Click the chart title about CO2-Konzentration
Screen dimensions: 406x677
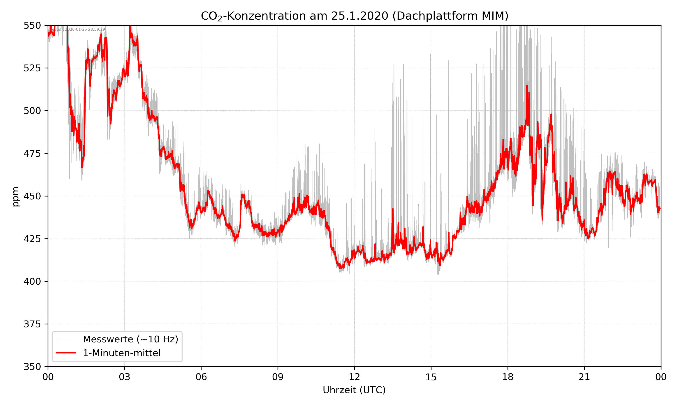point(354,16)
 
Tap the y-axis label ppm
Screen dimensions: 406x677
point(16,196)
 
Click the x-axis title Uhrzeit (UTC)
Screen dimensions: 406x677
point(354,390)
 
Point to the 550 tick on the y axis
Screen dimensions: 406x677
point(32,25)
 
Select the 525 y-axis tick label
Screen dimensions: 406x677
point(32,68)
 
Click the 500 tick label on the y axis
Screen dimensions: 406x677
point(32,111)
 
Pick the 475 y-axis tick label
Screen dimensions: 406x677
point(32,153)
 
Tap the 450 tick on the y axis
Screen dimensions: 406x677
point(32,196)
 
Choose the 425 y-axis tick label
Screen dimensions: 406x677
point(32,239)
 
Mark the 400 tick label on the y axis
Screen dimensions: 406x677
point(32,281)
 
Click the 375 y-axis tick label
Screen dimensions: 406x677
point(32,324)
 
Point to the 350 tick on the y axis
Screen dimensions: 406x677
point(32,367)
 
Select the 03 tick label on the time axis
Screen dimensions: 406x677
point(125,377)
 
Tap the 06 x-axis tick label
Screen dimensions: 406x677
point(201,377)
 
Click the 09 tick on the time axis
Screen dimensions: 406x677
point(278,377)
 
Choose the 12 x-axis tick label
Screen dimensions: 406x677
point(354,377)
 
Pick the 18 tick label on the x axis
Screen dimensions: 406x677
point(508,377)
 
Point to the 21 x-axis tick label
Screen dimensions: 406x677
point(584,377)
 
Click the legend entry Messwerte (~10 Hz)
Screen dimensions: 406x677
point(130,339)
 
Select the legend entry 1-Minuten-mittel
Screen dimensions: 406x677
point(121,353)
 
